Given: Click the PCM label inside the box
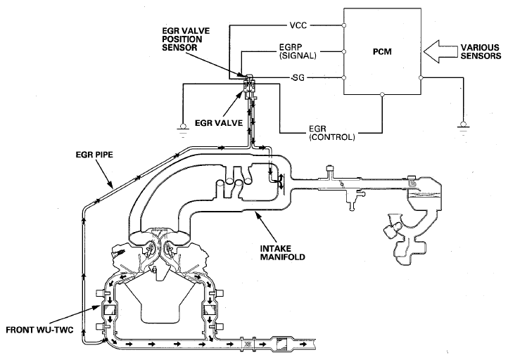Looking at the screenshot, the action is (382, 52).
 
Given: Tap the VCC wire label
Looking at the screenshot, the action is (298, 25).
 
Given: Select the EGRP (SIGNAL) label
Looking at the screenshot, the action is (298, 51).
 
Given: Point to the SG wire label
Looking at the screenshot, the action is (298, 78).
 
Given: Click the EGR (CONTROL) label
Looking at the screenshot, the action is (332, 133).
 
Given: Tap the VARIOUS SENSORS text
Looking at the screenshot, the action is (481, 52).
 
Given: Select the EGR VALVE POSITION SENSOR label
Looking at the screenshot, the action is (186, 39).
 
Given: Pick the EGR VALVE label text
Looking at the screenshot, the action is (219, 123).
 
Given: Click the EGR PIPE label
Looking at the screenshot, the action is (94, 155).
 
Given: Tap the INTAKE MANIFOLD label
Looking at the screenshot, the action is (283, 253).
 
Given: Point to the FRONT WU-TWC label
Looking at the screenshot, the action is (39, 330).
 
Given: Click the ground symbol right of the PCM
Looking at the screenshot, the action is (463, 127).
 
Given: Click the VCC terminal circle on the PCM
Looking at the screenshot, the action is (344, 25).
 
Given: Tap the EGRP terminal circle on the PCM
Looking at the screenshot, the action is (344, 51).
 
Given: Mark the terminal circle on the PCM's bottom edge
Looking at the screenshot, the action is (382, 94).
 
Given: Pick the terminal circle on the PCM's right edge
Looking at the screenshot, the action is (421, 78).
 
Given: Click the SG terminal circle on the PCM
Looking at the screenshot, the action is (344, 78).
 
